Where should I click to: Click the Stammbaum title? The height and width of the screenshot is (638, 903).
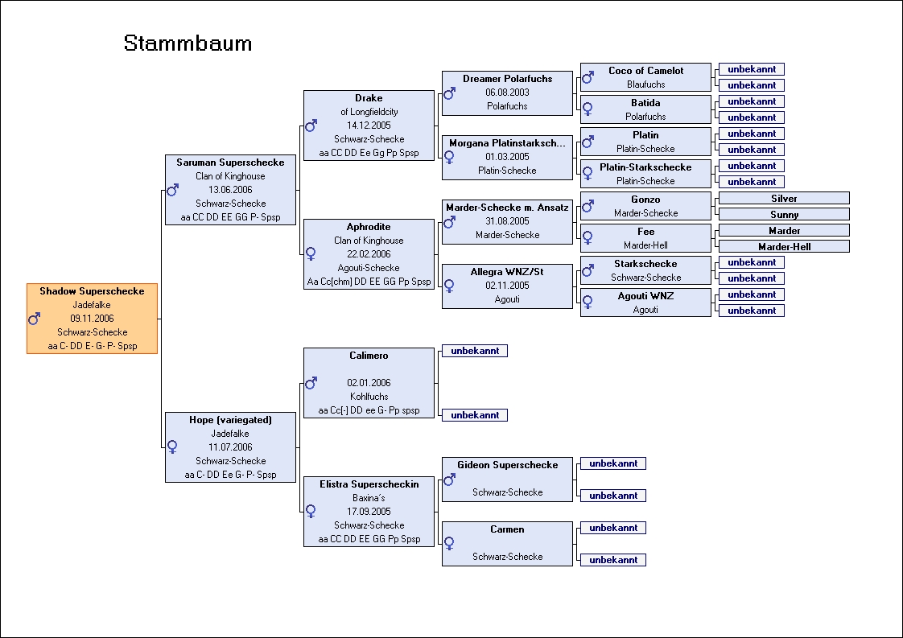pos(188,43)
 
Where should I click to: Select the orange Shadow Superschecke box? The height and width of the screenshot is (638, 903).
pos(92,319)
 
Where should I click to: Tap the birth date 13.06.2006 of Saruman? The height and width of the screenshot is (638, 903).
pos(230,189)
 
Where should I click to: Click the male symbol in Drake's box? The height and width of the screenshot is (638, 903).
pos(311,126)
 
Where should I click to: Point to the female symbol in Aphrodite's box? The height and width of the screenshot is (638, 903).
pos(311,253)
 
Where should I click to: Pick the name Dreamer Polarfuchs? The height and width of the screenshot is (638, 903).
pos(507,78)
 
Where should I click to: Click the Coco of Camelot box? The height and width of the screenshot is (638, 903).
pos(645,77)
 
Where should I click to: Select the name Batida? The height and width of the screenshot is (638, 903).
pos(645,102)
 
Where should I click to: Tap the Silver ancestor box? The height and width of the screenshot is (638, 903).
pos(784,198)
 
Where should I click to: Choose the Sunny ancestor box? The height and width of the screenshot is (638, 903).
pos(784,214)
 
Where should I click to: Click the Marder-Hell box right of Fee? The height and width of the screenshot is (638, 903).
pos(784,246)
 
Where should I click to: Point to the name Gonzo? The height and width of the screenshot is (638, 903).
pos(645,200)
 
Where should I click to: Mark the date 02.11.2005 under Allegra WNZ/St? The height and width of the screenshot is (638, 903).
pos(507,285)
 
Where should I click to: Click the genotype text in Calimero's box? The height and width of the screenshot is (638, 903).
pos(369,410)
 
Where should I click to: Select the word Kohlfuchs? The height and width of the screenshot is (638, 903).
pos(369,396)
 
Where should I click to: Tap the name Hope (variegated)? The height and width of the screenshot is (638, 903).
pos(230,420)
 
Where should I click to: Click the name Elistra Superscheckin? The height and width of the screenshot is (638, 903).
pos(369,484)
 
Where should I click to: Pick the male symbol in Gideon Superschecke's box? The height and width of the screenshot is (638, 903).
pos(449,479)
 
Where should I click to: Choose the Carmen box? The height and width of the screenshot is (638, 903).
pos(507,544)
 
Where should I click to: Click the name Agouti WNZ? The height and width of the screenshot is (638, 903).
pos(645,296)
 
